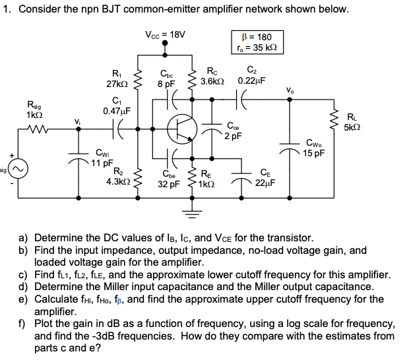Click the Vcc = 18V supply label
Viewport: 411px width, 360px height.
point(165,34)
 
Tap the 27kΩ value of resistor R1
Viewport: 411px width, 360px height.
point(117,84)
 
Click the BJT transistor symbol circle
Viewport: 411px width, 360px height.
point(183,128)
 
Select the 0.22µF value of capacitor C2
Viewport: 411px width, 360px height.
point(251,80)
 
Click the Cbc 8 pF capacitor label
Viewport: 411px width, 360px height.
point(166,79)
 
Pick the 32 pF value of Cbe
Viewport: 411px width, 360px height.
point(169,185)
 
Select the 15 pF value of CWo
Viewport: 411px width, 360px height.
point(314,153)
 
